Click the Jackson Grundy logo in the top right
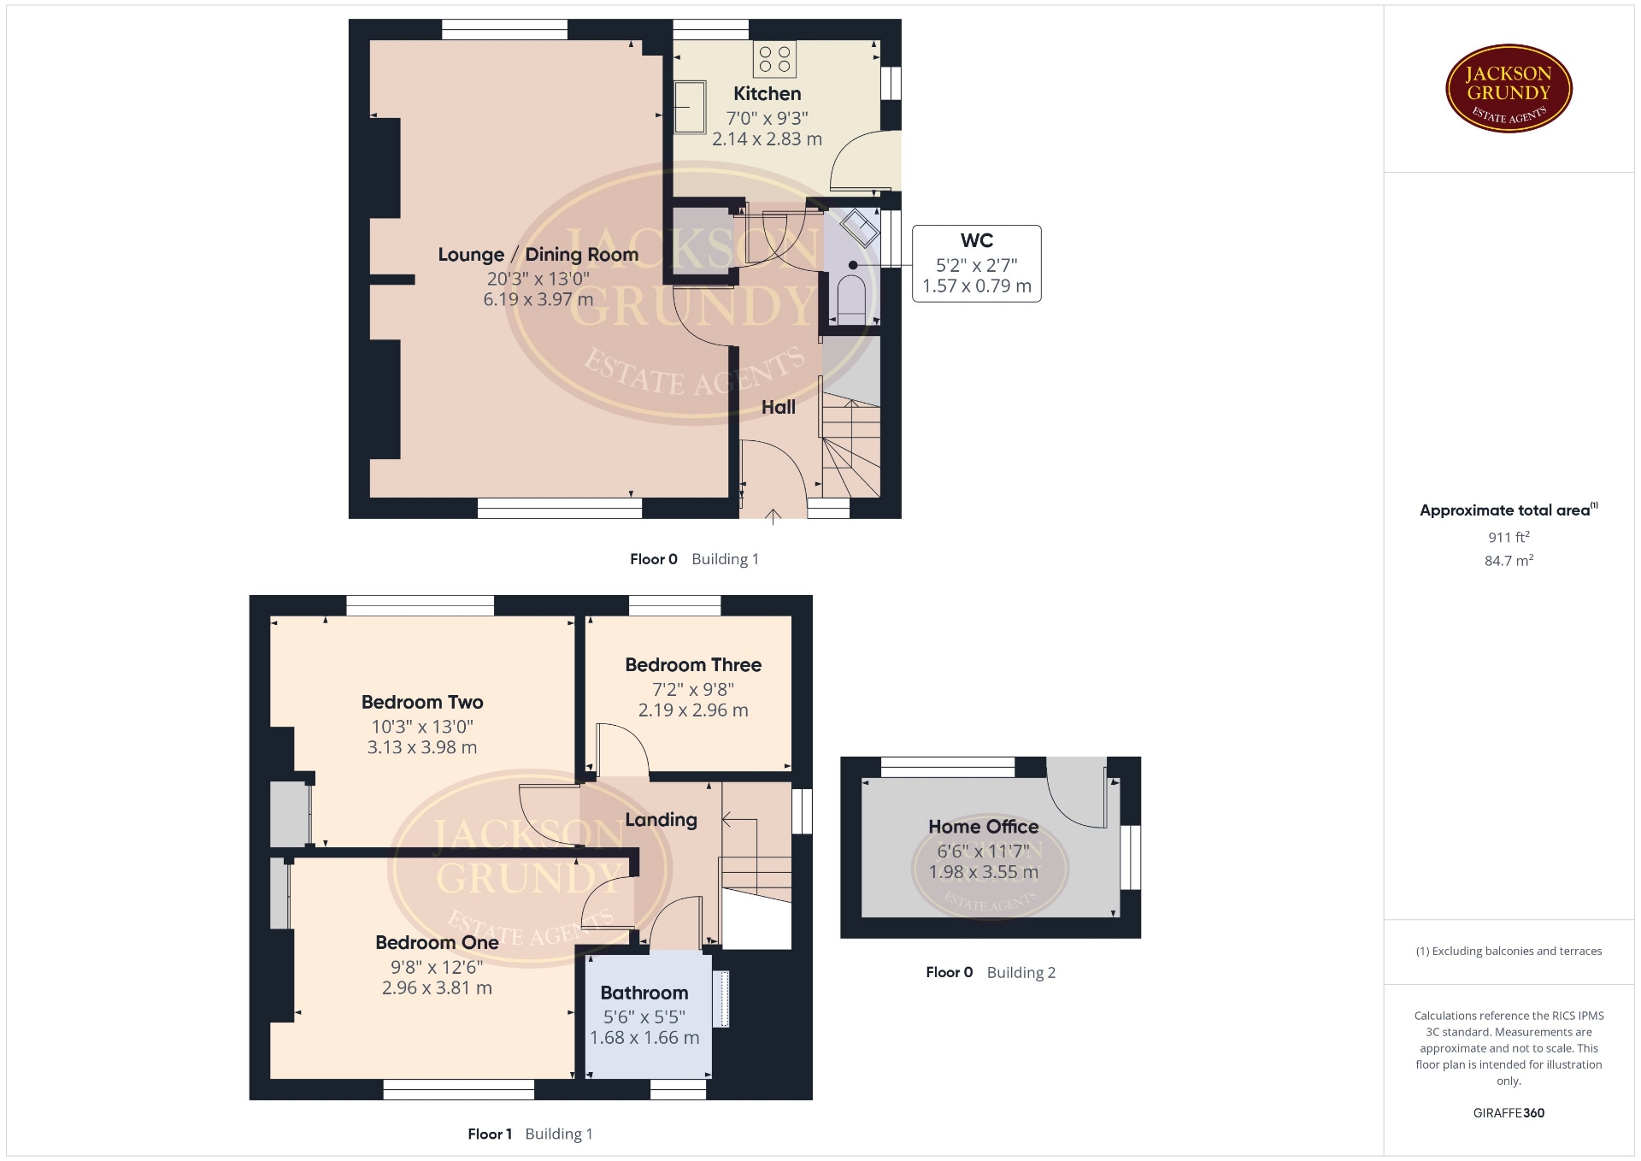click(1509, 89)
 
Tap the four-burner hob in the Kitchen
click(775, 59)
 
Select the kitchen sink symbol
click(690, 107)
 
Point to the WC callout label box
click(977, 263)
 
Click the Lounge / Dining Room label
click(538, 255)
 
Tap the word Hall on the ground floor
click(779, 408)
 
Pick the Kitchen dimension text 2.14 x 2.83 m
click(767, 138)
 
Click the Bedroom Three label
click(693, 665)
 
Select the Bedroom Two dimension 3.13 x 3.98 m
click(422, 747)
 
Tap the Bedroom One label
click(437, 943)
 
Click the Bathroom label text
click(644, 993)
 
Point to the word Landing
click(661, 820)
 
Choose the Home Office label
click(984, 827)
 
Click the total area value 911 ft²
click(1509, 537)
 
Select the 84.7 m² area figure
click(1509, 561)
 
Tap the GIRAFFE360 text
click(1509, 1113)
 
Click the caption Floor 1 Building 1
click(530, 1134)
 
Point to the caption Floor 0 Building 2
click(991, 973)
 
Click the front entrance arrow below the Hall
click(773, 516)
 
